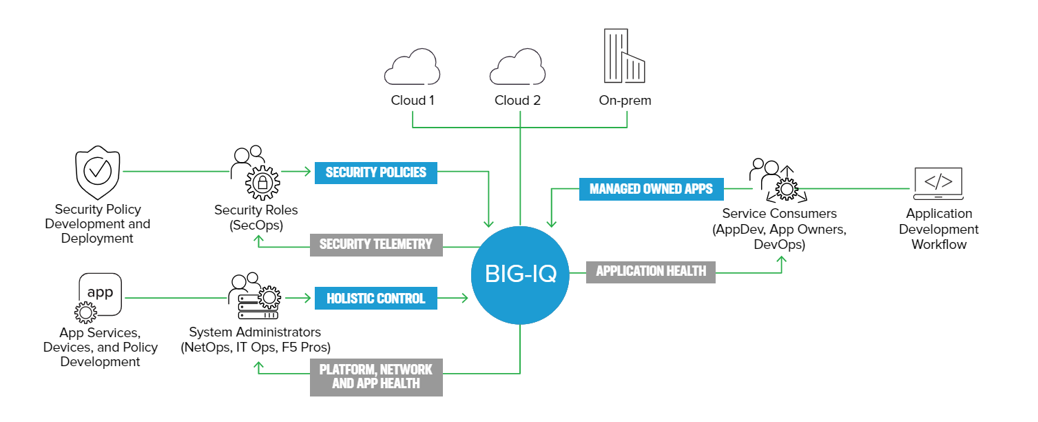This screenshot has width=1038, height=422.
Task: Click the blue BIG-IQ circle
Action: click(x=520, y=274)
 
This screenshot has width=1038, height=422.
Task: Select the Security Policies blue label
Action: click(x=375, y=172)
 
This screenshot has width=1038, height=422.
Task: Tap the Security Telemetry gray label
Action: click(x=375, y=244)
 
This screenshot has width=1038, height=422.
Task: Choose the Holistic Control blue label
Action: click(x=375, y=299)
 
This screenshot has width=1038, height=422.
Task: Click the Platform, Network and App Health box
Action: click(x=375, y=376)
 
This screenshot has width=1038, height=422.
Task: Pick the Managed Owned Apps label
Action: click(x=651, y=188)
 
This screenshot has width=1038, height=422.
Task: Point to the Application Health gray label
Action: click(x=651, y=271)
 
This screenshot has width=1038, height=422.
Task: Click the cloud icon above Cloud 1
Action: click(x=412, y=67)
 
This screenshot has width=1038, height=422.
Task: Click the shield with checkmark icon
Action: click(x=97, y=171)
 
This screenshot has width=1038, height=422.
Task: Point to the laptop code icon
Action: click(x=938, y=183)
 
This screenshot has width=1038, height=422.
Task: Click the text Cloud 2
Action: click(x=517, y=101)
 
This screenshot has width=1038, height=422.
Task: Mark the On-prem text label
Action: click(x=625, y=101)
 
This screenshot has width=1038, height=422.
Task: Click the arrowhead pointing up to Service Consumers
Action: click(x=782, y=261)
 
